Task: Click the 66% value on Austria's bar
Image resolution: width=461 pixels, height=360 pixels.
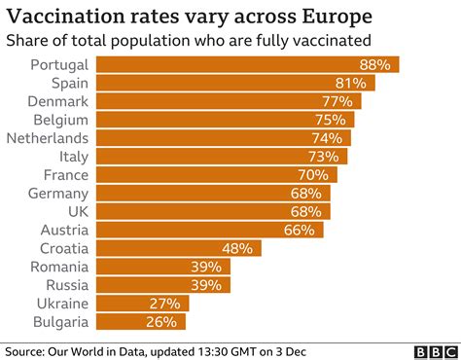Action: (300, 230)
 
